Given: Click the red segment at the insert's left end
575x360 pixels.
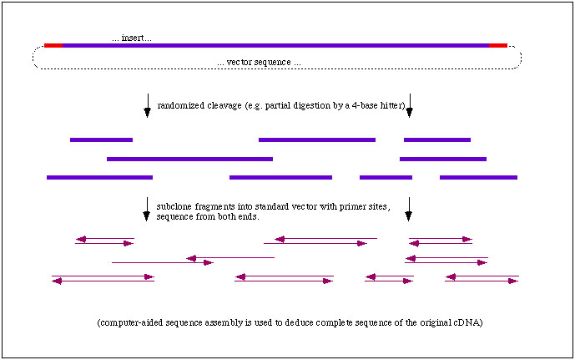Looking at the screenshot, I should coord(53,45).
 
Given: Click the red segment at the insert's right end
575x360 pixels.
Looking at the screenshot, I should coord(497,45).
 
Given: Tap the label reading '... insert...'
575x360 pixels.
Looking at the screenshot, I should coord(132,38).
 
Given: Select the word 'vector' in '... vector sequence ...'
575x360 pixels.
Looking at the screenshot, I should coord(241,63).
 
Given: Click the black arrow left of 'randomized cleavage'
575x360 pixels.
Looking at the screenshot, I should coord(148,104).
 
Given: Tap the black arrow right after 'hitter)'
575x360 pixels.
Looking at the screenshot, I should coord(409,104).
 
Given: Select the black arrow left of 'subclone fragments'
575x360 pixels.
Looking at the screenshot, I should coord(147,209).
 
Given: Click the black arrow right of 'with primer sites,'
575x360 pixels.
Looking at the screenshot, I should coord(408,209).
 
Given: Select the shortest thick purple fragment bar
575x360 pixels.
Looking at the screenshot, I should coord(386,177).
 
